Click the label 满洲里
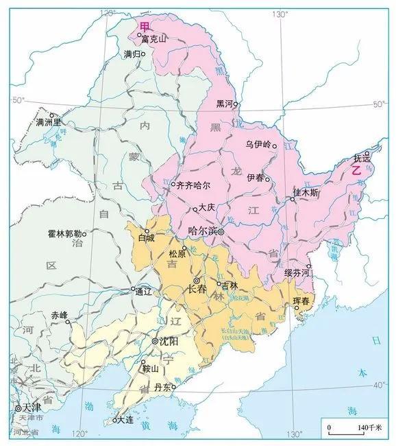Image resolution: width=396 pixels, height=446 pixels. click(49, 124)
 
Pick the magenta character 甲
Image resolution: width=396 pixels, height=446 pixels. click(144, 26)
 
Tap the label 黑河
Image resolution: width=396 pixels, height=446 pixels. click(225, 104)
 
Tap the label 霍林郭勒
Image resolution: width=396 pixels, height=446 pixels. click(65, 233)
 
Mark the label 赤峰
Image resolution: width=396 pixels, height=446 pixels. click(60, 315)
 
